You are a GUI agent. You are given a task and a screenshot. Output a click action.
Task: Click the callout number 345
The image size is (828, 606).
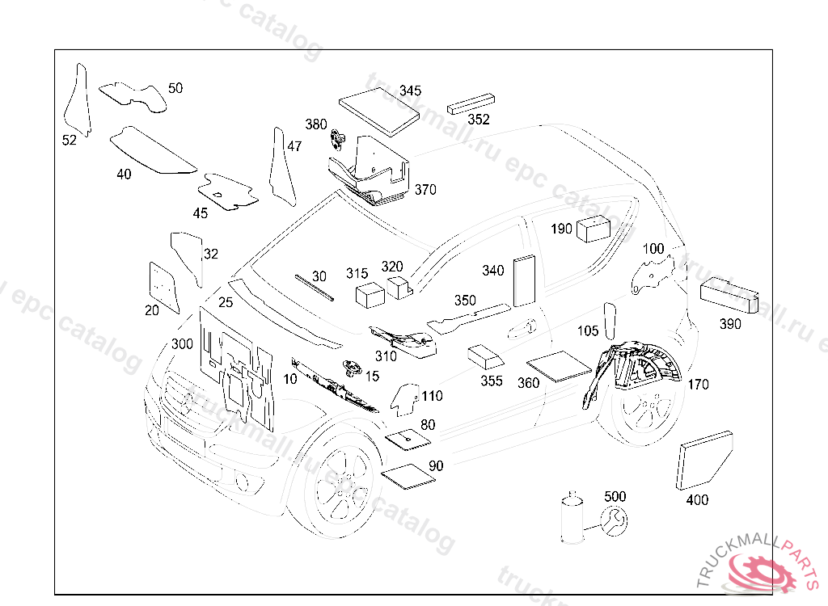tap(410, 90)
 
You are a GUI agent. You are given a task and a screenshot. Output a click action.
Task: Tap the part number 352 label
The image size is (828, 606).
tap(479, 120)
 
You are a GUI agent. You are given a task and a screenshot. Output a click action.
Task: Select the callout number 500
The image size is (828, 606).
tap(615, 496)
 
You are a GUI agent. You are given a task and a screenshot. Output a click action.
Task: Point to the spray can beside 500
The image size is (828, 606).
tap(572, 519)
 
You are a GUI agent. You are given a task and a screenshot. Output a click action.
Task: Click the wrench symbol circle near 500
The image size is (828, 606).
tap(614, 521)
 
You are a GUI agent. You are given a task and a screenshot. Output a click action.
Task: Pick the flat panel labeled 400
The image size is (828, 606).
tap(705, 461)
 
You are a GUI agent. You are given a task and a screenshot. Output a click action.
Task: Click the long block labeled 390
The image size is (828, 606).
tap(729, 293)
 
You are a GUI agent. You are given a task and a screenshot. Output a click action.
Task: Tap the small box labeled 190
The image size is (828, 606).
tap(593, 228)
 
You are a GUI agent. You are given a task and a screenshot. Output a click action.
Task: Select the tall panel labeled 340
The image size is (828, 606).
tap(524, 280)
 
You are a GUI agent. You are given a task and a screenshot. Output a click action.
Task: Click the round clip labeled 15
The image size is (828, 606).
tap(351, 368)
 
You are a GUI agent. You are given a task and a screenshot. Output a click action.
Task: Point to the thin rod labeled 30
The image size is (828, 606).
tap(314, 286)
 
